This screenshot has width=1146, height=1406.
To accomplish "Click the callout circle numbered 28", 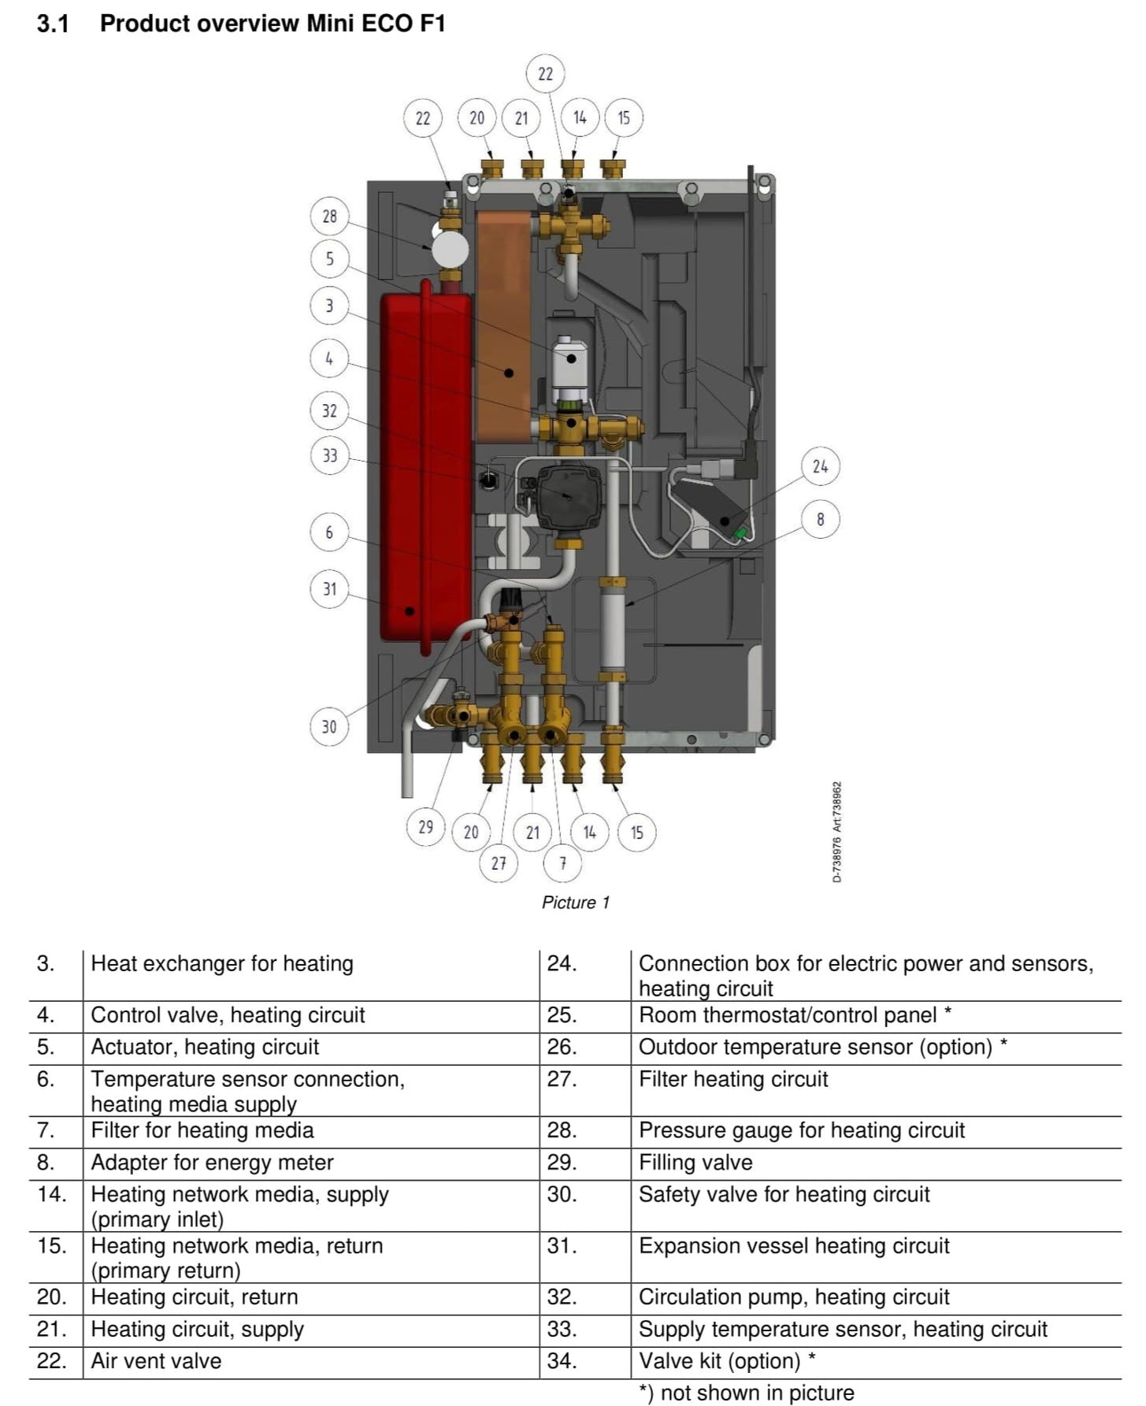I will (329, 216).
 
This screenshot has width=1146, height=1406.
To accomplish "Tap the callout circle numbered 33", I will (329, 455).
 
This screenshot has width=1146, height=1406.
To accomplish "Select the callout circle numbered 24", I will (820, 466).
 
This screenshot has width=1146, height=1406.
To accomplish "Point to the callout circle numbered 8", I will (820, 519).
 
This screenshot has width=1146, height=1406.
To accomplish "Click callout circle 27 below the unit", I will (499, 863).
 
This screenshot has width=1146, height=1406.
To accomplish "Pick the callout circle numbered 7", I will (562, 863).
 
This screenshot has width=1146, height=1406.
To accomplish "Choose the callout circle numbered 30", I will (329, 726).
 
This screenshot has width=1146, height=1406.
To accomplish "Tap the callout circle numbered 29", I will (425, 827).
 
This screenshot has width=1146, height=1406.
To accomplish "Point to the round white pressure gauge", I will (449, 250).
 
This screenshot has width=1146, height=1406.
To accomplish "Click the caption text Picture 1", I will (575, 903).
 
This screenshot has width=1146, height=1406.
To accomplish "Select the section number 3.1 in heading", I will (53, 24).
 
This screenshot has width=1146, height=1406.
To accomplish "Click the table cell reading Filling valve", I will (695, 1163).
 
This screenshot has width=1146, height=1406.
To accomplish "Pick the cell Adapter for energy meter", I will (212, 1163).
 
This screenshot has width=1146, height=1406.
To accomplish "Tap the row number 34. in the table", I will (562, 1361).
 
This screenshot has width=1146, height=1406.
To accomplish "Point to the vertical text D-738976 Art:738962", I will (837, 832).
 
